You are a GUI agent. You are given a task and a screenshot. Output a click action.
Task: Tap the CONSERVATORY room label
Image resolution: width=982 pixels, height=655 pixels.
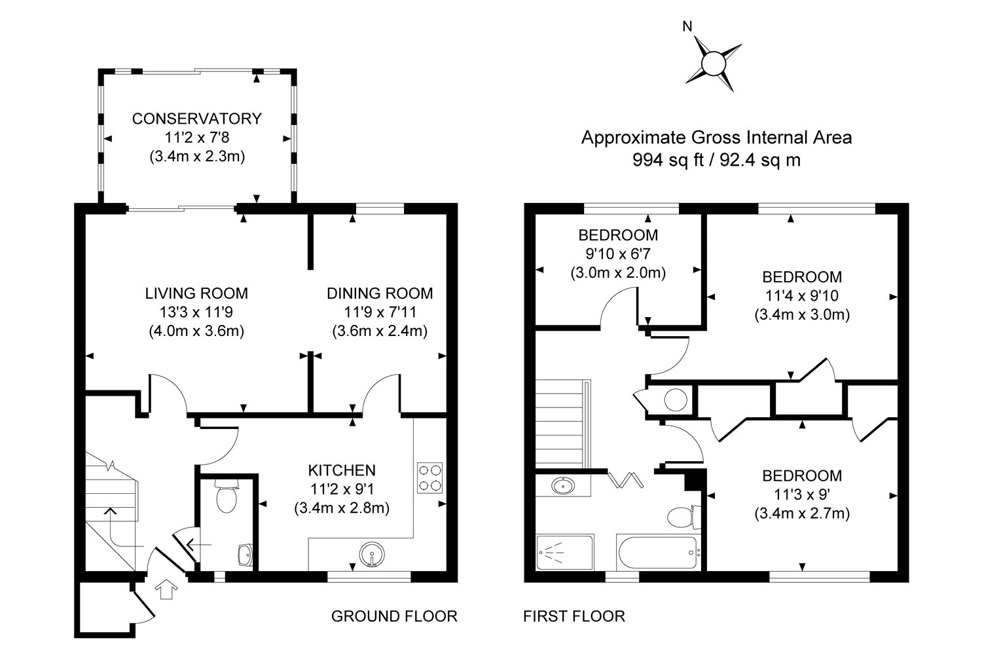point(197,119)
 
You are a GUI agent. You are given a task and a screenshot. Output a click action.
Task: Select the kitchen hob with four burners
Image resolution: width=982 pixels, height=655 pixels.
point(429,477)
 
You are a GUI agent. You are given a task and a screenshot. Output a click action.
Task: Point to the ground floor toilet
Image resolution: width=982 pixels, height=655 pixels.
point(227,496)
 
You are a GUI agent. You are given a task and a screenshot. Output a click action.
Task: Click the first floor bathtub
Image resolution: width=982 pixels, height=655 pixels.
point(657,552)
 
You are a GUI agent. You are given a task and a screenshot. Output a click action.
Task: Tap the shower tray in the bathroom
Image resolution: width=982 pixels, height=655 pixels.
point(564,552)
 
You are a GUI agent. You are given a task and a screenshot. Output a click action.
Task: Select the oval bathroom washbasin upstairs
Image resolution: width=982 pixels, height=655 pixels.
point(563,486)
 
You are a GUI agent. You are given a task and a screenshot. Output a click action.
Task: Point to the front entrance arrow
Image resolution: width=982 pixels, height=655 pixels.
point(166,589)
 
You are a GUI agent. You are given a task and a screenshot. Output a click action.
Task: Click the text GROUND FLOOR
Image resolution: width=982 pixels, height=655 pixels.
point(394,616)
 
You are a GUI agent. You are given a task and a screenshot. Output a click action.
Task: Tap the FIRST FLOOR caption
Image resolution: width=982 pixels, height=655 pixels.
point(574,616)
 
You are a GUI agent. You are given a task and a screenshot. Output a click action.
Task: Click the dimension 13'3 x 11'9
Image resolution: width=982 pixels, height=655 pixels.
point(196,312)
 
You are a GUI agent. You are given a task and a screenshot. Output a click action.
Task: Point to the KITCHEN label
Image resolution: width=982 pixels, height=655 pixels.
point(342,470)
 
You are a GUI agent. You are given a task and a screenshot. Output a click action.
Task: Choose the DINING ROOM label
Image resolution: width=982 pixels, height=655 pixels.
point(380,293)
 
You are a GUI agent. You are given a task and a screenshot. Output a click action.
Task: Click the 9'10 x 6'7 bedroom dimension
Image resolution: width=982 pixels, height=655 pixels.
point(618,254)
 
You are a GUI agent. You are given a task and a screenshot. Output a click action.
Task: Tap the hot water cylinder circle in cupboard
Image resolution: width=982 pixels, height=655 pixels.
point(676,400)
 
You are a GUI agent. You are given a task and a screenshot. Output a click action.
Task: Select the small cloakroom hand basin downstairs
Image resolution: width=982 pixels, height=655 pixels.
point(245,555)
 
